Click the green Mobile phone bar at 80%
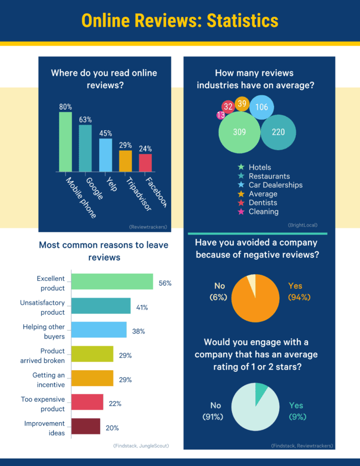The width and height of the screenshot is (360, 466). (x=65, y=142)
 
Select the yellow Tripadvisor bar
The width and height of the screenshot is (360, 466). (x=125, y=161)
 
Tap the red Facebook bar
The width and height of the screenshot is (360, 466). (x=145, y=162)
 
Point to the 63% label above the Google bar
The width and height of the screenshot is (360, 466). (x=85, y=119)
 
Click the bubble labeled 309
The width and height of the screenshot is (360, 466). (x=239, y=132)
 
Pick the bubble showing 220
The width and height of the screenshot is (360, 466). (x=278, y=132)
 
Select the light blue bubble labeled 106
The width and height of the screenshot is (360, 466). (x=262, y=107)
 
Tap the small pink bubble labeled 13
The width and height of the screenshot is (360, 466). (x=221, y=115)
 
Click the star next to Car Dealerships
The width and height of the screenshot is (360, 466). (x=241, y=185)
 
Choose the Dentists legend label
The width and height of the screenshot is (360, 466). (x=263, y=203)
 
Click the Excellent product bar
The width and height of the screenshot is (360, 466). (x=112, y=281)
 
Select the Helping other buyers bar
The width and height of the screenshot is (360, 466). (x=99, y=330)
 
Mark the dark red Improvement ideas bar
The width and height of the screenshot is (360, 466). (x=86, y=426)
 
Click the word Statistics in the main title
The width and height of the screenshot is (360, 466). (x=242, y=21)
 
